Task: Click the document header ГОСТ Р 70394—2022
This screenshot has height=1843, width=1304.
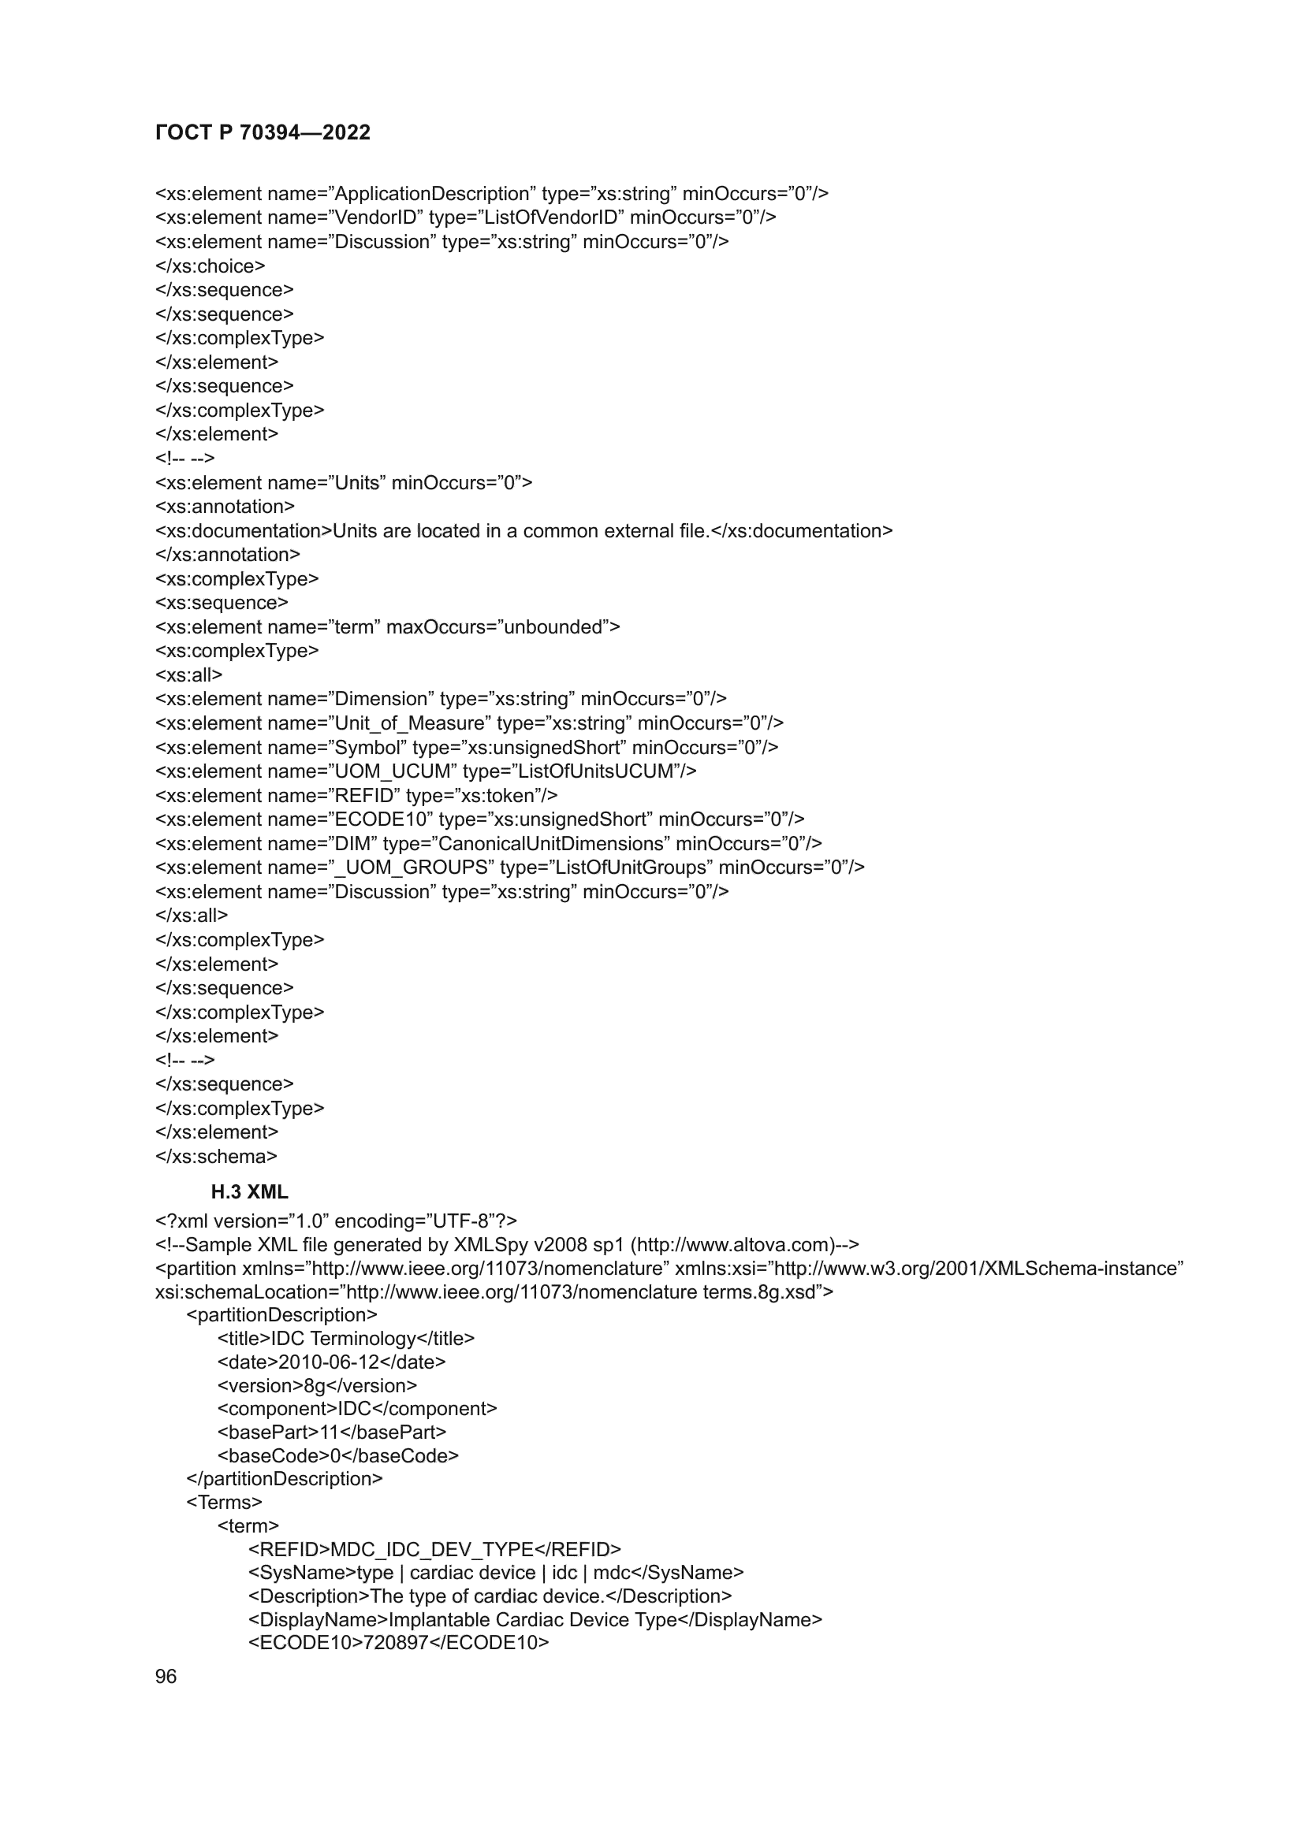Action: point(263,132)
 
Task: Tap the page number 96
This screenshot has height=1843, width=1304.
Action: point(166,1676)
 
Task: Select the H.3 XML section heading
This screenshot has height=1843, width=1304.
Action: point(249,1192)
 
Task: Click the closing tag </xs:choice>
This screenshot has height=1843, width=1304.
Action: point(211,266)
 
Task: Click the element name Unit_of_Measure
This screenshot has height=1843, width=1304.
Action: point(409,723)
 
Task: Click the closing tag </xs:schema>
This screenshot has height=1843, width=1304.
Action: point(216,1157)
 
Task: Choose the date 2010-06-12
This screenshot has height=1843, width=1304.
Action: point(330,1362)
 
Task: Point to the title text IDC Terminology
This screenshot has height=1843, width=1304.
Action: point(344,1339)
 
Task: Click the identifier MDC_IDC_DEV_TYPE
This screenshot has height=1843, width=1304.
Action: point(432,1549)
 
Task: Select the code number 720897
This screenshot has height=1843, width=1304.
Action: point(396,1643)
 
